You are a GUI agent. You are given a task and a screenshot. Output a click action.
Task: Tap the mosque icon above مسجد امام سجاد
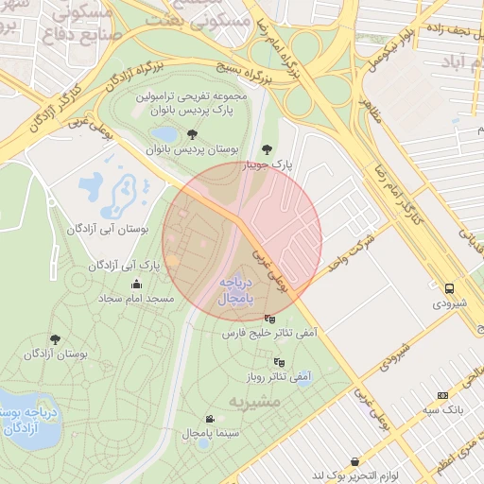(137, 284)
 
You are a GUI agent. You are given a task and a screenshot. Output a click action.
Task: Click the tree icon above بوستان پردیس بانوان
(193, 135)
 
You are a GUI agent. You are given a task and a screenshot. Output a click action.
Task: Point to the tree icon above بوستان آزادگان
(55, 338)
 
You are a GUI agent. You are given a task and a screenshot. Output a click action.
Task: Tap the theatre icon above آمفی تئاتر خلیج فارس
(271, 319)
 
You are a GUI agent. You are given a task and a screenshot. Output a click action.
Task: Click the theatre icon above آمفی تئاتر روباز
(278, 361)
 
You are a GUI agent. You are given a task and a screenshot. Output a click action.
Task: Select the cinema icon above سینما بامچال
(209, 419)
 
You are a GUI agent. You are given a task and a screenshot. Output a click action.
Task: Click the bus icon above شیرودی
(449, 288)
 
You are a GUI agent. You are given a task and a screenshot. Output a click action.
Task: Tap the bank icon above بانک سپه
(441, 395)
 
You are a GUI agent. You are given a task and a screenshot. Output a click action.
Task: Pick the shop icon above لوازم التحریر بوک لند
(354, 461)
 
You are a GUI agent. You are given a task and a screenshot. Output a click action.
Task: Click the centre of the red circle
(242, 241)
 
